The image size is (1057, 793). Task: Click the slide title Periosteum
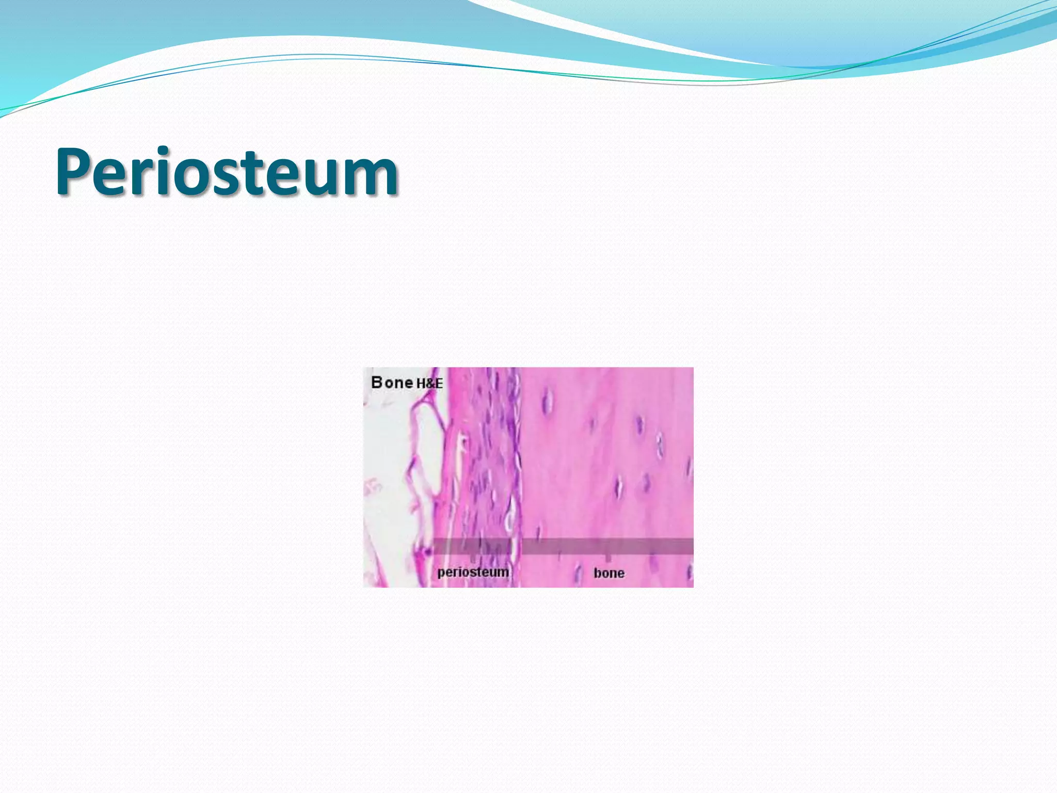[x=227, y=171]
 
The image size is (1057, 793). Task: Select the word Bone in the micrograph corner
[x=392, y=383]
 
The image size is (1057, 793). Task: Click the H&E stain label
[x=429, y=384]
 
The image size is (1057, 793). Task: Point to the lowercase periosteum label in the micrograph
[x=473, y=572]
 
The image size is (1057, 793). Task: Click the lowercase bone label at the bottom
[x=609, y=573]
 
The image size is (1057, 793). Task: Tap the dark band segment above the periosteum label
[x=472, y=546]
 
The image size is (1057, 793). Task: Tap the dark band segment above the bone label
[x=607, y=546]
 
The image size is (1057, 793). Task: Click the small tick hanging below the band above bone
[x=608, y=558]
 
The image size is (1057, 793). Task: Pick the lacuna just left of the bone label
[x=579, y=573]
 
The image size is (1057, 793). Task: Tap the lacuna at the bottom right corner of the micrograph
[x=689, y=572]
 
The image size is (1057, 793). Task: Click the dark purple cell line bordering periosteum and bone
[x=516, y=439]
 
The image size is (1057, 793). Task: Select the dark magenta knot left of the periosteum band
[x=426, y=552]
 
